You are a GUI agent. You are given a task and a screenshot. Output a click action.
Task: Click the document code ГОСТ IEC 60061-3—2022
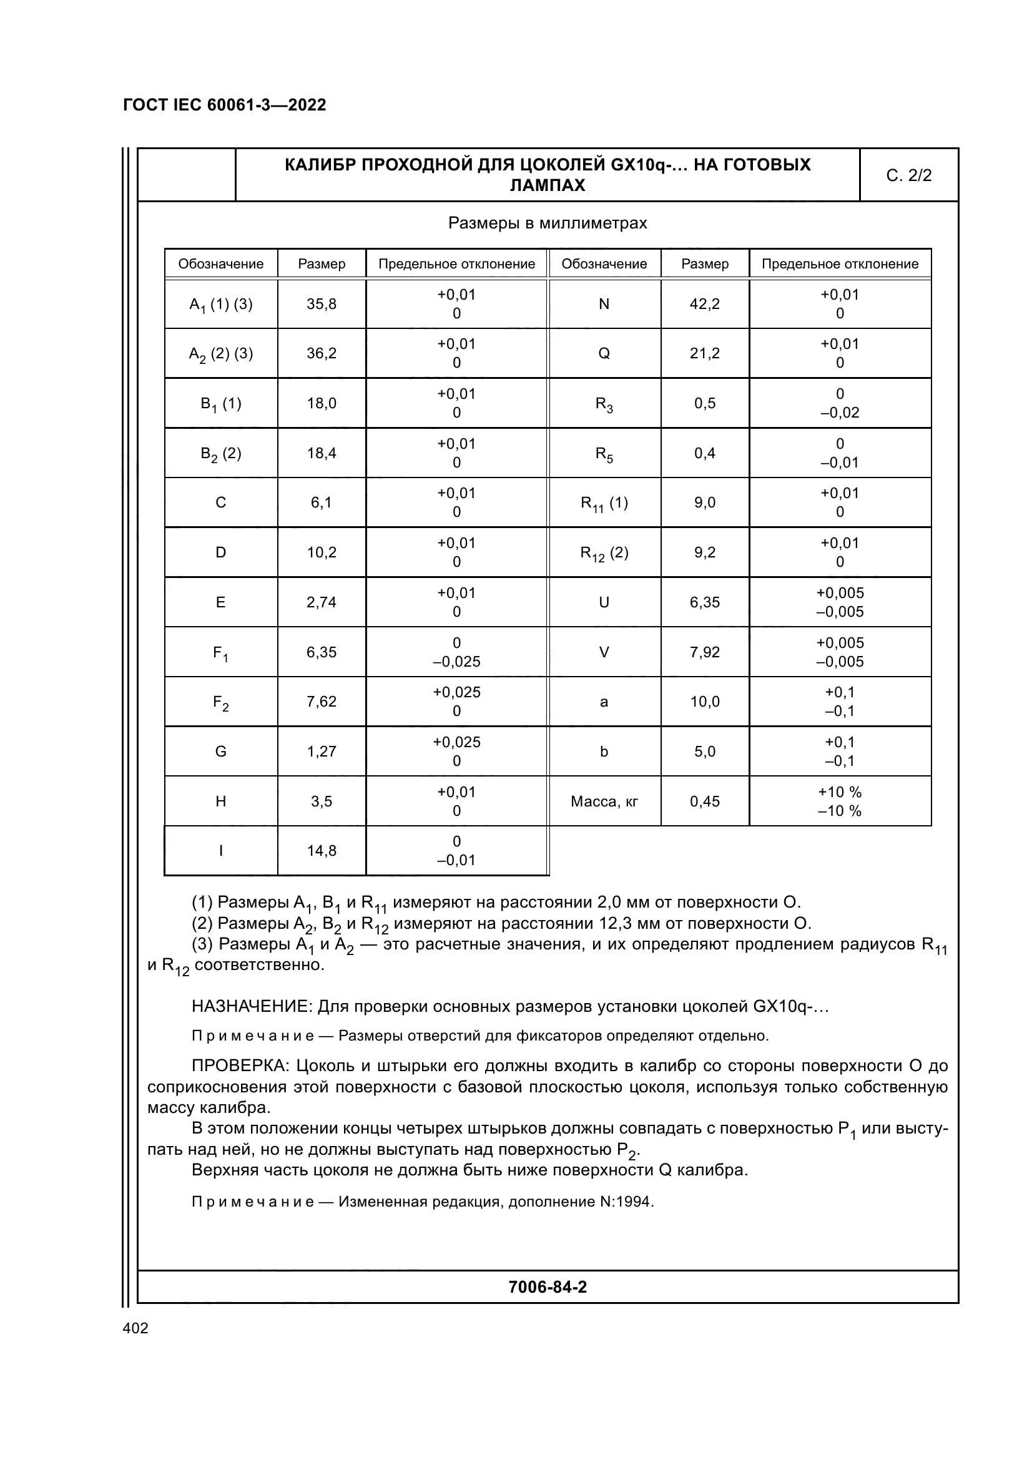pyautogui.click(x=225, y=105)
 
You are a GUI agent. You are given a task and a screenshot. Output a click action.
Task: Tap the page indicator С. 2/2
pyautogui.click(x=908, y=175)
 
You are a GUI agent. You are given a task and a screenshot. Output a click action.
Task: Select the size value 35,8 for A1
pyautogui.click(x=322, y=304)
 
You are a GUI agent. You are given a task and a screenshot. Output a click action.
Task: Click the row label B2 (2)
pyautogui.click(x=220, y=453)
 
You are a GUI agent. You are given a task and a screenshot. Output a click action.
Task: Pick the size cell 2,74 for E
pyautogui.click(x=322, y=602)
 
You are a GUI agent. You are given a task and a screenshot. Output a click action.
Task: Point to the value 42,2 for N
pyautogui.click(x=704, y=304)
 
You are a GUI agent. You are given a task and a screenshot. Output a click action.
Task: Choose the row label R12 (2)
pyautogui.click(x=604, y=552)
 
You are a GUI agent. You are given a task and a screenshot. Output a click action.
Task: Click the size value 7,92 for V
pyautogui.click(x=704, y=652)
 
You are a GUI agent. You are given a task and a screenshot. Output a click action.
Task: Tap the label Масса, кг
pyautogui.click(x=604, y=801)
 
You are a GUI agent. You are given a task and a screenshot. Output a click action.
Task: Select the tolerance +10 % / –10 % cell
pyautogui.click(x=839, y=801)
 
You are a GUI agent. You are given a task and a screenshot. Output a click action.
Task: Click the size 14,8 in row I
pyautogui.click(x=322, y=851)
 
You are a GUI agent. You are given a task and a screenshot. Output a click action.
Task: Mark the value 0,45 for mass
pyautogui.click(x=704, y=801)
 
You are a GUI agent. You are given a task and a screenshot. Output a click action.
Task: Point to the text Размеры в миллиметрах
pyautogui.click(x=548, y=223)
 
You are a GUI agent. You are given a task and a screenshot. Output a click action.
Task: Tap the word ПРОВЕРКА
pyautogui.click(x=241, y=1065)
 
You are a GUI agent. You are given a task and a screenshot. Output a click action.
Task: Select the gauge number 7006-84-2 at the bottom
pyautogui.click(x=548, y=1288)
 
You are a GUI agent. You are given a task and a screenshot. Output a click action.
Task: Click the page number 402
pyautogui.click(x=135, y=1328)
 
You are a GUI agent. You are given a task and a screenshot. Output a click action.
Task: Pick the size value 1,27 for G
pyautogui.click(x=322, y=752)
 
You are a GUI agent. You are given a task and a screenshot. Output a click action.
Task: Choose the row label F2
pyautogui.click(x=220, y=702)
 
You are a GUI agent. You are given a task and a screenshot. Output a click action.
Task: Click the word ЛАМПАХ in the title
pyautogui.click(x=548, y=185)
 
